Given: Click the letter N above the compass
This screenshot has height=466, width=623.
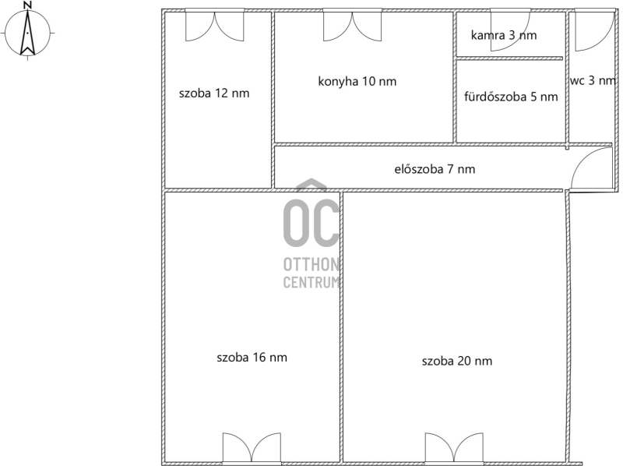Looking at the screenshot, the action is (x=27, y=5).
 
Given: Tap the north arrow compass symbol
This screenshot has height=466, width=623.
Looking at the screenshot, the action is (x=27, y=33).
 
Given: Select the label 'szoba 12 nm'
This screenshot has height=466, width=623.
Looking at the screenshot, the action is (x=214, y=94).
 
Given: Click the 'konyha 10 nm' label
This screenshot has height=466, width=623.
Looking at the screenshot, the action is (x=357, y=82).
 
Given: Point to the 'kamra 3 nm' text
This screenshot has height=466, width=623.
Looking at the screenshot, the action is (x=504, y=35).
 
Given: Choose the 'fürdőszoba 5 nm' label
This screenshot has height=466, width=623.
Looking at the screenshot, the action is (x=511, y=97).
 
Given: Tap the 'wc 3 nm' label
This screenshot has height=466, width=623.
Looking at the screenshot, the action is (x=593, y=81).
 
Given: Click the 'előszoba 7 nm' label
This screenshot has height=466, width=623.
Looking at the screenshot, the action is (x=435, y=169).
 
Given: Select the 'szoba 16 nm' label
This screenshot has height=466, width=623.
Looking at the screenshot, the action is (x=252, y=358).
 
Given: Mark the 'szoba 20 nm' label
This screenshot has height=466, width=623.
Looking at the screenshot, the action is (x=457, y=361).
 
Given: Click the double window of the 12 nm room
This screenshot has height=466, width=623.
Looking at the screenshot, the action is (x=215, y=25).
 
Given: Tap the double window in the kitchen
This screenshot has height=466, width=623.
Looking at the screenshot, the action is (x=352, y=25).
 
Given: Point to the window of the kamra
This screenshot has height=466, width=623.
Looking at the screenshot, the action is (x=510, y=30).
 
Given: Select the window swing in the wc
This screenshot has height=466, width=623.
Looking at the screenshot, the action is (x=593, y=30).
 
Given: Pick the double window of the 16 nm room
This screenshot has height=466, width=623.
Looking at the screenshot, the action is (x=252, y=449).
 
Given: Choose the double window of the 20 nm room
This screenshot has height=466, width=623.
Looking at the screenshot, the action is (x=454, y=449).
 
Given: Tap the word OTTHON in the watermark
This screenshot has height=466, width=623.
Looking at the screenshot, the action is (x=311, y=264).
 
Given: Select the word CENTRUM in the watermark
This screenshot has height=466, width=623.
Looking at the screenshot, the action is (x=311, y=282).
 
